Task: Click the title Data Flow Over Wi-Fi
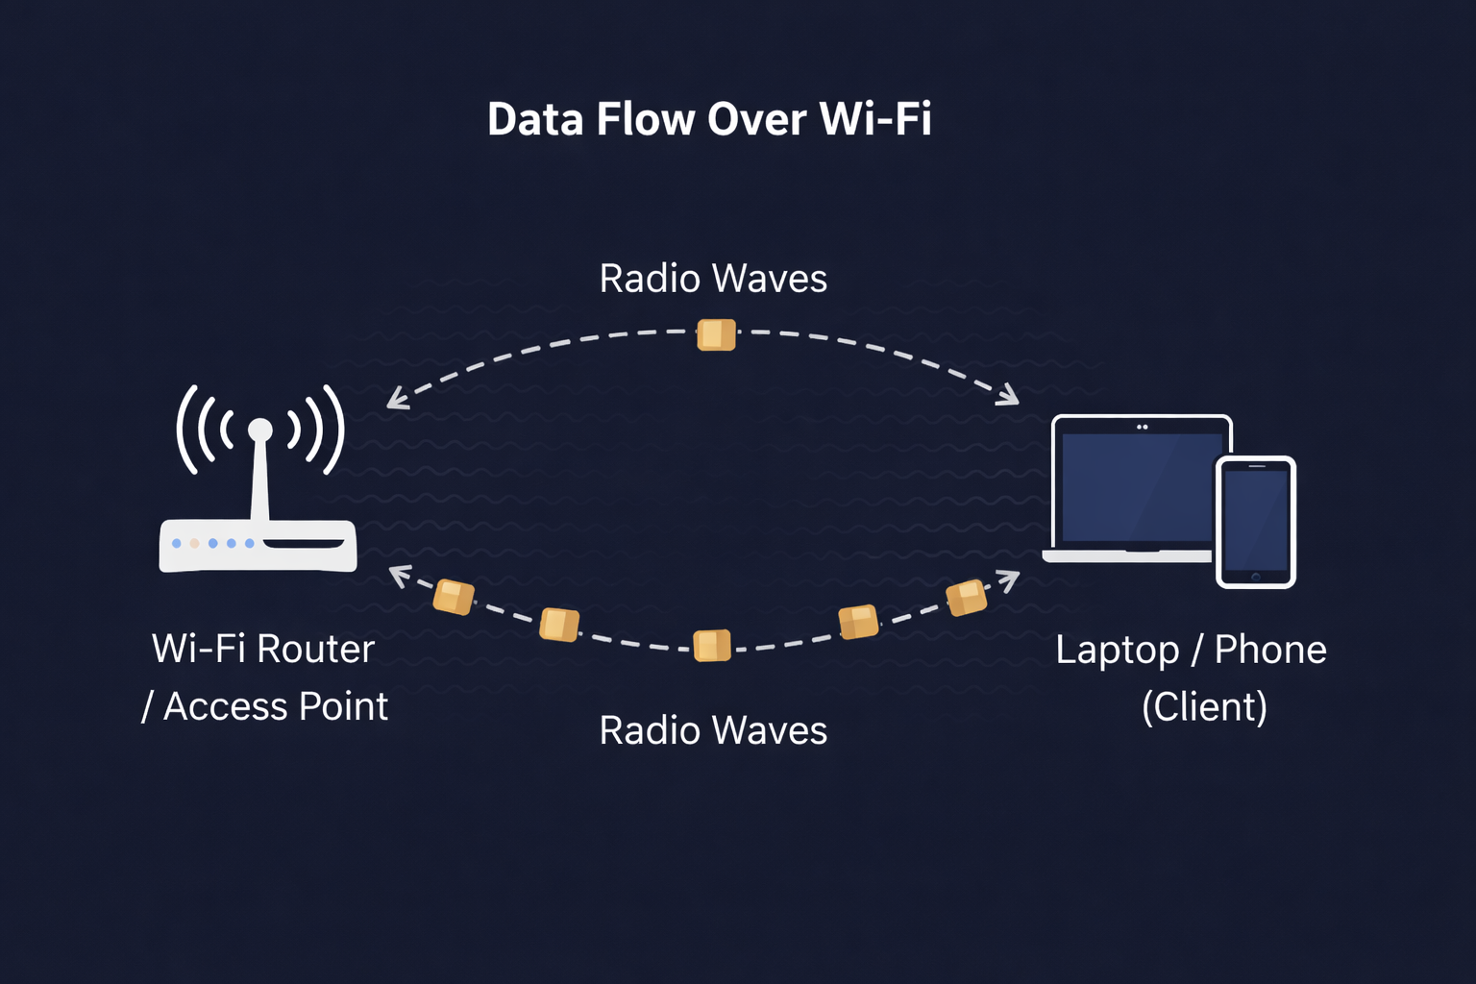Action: [709, 119]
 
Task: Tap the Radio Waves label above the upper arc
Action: [713, 279]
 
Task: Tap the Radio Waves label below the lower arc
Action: [713, 730]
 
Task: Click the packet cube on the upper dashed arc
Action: [716, 334]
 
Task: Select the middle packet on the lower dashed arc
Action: [712, 646]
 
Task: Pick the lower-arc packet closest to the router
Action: [454, 597]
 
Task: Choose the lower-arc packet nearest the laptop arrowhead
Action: [966, 598]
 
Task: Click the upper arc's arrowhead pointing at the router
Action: [396, 401]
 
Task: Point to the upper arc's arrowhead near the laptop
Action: [1009, 396]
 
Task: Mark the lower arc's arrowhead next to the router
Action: [398, 574]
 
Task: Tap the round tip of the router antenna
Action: [260, 430]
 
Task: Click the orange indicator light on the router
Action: [194, 544]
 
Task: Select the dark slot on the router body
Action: [304, 544]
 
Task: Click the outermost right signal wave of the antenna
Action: [333, 430]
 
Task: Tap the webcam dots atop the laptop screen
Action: [1143, 427]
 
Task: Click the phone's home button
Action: [1255, 577]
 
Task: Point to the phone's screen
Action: [1255, 519]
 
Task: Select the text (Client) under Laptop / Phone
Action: [1204, 707]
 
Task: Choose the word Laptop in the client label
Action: [1117, 651]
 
